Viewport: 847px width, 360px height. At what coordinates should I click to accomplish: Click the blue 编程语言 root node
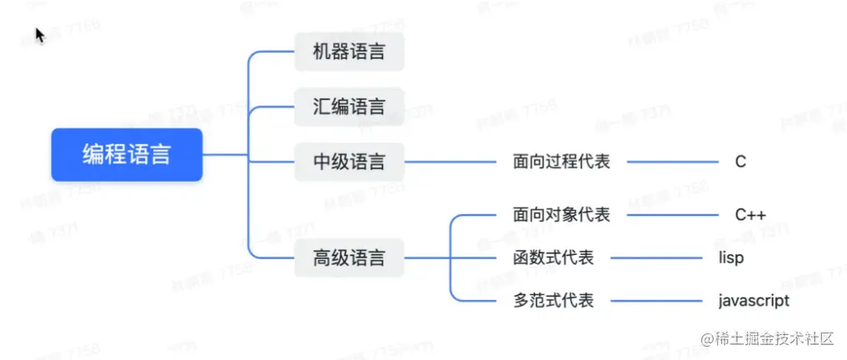127,155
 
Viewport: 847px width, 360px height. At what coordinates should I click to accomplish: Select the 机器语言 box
349,52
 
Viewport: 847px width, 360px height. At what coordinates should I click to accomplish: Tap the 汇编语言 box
349,107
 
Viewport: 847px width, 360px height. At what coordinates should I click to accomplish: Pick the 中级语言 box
349,162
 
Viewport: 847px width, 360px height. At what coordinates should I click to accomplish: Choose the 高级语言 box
349,257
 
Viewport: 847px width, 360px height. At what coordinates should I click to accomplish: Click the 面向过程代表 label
561,162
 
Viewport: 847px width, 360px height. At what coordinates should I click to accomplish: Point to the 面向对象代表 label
561,215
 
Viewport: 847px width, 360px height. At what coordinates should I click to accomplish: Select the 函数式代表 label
553,257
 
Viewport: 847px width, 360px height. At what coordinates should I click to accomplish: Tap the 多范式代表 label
553,300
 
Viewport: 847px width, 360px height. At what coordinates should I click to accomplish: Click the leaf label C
740,162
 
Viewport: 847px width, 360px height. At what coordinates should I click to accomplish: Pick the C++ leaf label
750,215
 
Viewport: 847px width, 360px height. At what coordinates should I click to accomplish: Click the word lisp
731,257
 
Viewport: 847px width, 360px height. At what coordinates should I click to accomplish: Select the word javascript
754,300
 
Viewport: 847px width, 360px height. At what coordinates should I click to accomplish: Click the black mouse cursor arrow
39,35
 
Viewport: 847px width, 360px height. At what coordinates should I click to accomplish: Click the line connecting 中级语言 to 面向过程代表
450,162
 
